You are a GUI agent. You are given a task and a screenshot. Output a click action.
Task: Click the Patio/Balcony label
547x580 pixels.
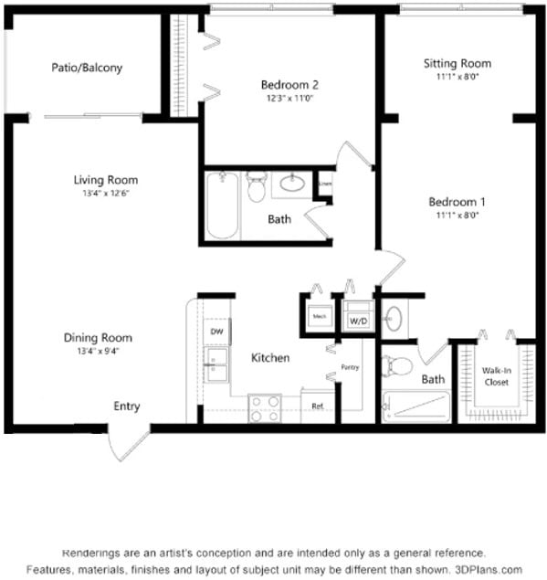point(87,68)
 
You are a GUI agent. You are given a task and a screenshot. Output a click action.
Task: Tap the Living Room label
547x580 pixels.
point(106,180)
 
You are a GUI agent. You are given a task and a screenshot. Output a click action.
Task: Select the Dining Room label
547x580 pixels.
point(105,337)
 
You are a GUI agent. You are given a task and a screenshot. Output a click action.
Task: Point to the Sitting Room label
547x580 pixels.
point(457,64)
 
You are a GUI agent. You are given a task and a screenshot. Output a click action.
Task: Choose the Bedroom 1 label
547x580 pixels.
point(457,202)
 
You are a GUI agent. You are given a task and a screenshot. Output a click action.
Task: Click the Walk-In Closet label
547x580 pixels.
point(496,376)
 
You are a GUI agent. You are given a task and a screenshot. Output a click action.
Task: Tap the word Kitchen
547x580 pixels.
point(270,358)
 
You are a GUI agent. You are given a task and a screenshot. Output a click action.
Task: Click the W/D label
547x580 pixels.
point(357,322)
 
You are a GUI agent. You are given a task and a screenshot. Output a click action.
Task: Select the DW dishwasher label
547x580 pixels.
point(217,331)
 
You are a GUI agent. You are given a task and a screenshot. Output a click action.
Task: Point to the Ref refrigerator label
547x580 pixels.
point(317,406)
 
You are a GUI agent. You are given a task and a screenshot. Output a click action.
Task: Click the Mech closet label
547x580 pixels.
point(320,317)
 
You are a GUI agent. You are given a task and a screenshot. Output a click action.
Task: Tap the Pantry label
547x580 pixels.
point(350,367)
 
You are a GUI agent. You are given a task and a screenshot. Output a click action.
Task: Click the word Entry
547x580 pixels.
point(127,406)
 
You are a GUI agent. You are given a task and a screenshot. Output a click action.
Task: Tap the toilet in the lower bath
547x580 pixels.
point(399,366)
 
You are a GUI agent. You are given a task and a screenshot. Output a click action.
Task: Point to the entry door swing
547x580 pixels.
point(127,444)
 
